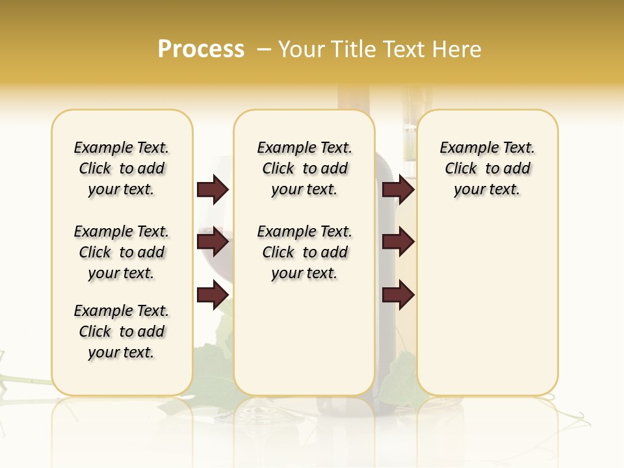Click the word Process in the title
pyautogui.click(x=201, y=49)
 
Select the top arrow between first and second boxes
pyautogui.click(x=213, y=190)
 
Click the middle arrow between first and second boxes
pyautogui.click(x=213, y=242)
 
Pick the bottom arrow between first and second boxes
pyautogui.click(x=213, y=295)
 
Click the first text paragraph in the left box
pyautogui.click(x=122, y=168)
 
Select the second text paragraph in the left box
pyautogui.click(x=122, y=252)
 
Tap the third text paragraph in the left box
pyautogui.click(x=122, y=331)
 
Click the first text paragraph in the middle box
pyautogui.click(x=304, y=168)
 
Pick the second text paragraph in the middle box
pyautogui.click(x=304, y=252)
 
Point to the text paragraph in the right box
pyautogui.click(x=487, y=168)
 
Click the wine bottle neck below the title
pyautogui.click(x=353, y=104)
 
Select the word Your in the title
pyautogui.click(x=301, y=49)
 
